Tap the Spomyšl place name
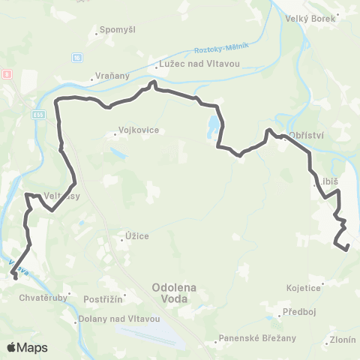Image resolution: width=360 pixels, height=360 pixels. [x=112, y=31]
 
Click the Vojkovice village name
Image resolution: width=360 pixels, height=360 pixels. [x=139, y=130]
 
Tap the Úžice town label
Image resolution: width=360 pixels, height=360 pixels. [x=137, y=237]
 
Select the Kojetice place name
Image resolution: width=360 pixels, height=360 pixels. [x=303, y=287]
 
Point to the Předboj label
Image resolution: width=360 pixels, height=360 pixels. [x=298, y=310]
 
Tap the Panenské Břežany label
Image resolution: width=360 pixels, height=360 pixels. [x=248, y=337]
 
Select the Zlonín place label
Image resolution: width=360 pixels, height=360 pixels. [x=343, y=340]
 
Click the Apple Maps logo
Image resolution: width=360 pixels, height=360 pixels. [x=27, y=348]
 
